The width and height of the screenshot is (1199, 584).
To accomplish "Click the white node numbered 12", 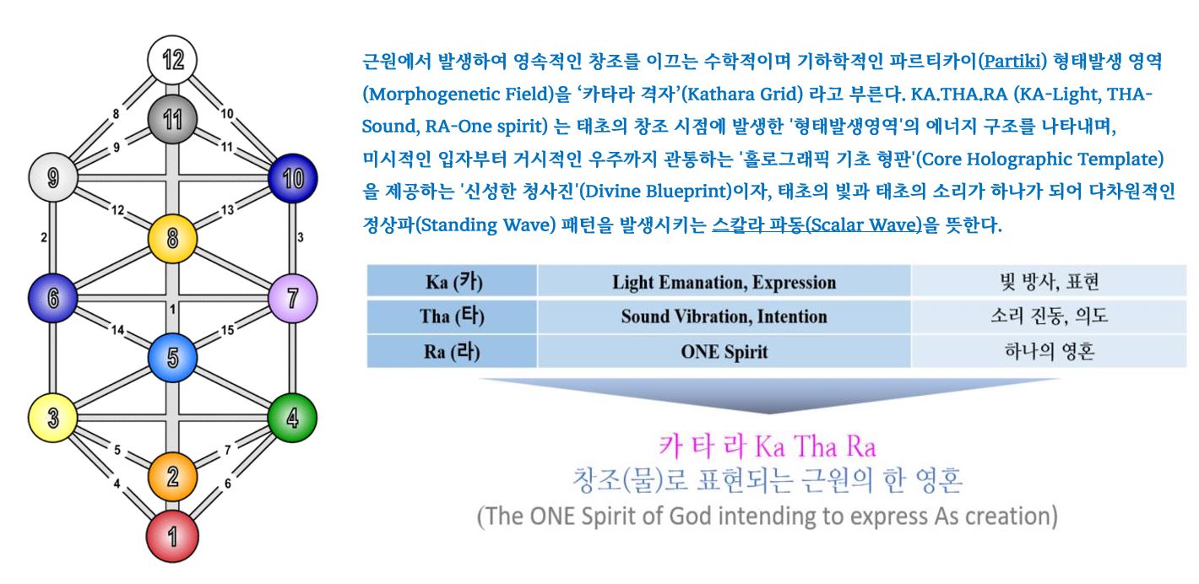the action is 172,60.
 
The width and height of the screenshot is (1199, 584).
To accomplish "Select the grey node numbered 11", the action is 172,119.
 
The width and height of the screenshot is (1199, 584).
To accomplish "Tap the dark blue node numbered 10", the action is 292,179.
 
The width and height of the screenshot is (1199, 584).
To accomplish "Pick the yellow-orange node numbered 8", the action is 172,239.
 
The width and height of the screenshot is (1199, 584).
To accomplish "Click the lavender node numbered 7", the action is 292,299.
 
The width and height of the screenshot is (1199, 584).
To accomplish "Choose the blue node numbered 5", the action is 172,358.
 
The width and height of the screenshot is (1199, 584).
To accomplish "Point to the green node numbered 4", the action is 292,418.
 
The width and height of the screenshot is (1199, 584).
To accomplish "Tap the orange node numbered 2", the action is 172,477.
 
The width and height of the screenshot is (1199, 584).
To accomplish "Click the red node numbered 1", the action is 172,537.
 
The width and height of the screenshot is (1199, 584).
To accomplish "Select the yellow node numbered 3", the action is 52,418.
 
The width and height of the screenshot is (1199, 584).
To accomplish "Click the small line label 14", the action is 117,330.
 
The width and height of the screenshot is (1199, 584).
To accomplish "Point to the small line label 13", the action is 227,209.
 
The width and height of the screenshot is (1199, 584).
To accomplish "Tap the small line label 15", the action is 227,330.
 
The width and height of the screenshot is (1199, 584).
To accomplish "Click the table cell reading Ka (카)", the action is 453,281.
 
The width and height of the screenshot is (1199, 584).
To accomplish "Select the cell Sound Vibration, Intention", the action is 724,316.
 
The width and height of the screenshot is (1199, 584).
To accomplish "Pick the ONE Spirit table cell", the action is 724,351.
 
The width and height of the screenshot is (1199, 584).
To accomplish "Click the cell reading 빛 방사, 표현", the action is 1049,281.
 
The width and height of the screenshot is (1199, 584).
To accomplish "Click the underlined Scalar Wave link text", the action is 817,224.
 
